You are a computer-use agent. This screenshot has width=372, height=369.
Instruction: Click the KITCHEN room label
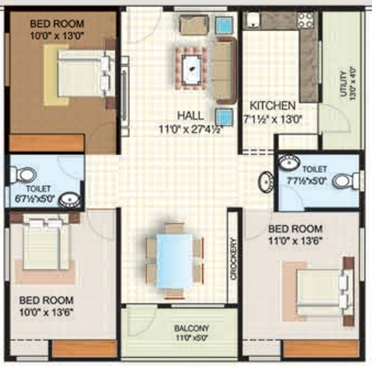272,106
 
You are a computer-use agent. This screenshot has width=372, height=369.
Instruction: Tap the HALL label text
190,116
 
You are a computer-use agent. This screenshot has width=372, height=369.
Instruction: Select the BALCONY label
192,329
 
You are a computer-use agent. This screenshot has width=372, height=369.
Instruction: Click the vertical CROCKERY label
233,259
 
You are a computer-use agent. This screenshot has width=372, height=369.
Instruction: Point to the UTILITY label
343,84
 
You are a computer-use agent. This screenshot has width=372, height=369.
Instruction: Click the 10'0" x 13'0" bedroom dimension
57,36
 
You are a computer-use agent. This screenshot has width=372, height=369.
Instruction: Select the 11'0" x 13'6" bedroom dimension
295,241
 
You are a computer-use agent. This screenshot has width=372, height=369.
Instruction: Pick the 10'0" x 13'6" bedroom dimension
46,312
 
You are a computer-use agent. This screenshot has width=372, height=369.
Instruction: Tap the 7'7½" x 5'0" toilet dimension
306,181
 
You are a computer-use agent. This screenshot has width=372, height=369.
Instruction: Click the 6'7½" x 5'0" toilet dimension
35,198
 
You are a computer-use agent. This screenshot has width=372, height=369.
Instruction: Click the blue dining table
175,261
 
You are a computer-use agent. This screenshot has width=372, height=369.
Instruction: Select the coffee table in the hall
192,68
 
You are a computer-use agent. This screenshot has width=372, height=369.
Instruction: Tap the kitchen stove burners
306,20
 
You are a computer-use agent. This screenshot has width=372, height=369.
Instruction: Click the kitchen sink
253,20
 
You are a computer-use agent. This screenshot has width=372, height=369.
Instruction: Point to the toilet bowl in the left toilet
23,175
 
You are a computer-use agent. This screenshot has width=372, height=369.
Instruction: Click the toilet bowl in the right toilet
346,181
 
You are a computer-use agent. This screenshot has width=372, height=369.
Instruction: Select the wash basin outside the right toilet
266,182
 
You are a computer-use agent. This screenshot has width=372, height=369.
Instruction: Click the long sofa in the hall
225,70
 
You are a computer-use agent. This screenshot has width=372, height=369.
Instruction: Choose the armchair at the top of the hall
194,25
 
